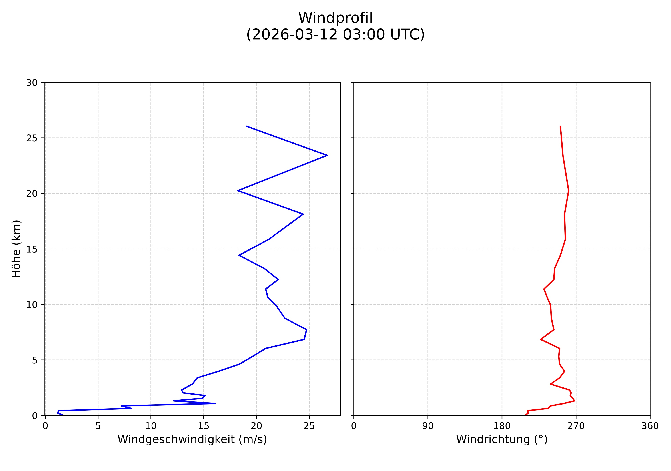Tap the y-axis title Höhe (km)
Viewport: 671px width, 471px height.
coord(16,249)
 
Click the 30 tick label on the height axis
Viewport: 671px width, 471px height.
coord(32,83)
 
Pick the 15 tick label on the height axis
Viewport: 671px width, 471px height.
coord(32,249)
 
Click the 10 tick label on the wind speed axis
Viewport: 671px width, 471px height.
coord(151,426)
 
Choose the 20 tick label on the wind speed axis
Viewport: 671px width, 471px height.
coord(256,426)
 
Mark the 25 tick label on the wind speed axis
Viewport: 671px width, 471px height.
coord(309,426)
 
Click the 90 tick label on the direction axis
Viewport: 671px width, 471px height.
coord(428,426)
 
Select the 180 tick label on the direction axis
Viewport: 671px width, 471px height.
coord(502,426)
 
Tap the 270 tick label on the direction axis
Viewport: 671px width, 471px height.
coord(576,426)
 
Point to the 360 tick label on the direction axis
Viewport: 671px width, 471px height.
coord(650,426)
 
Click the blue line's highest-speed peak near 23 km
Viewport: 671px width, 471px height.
coord(327,155)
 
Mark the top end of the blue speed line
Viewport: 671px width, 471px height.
coord(247,126)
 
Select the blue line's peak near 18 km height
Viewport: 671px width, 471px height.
coord(303,214)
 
